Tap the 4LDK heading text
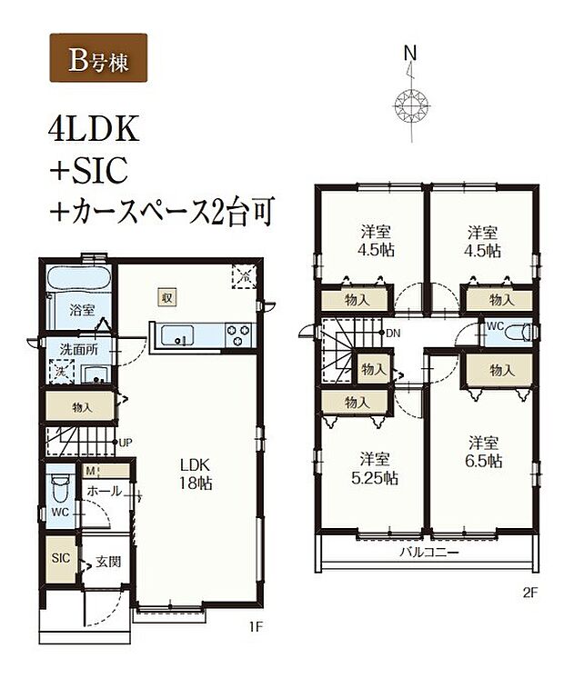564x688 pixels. [94, 130]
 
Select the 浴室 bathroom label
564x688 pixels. [83, 310]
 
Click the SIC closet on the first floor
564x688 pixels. [59, 556]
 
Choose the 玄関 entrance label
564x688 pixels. [107, 563]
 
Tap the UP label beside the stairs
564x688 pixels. [126, 442]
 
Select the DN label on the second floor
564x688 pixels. [393, 333]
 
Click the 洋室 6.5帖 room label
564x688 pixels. [482, 452]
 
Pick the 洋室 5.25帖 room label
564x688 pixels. [371, 467]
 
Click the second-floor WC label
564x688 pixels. [494, 325]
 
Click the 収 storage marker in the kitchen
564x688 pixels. [168, 298]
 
